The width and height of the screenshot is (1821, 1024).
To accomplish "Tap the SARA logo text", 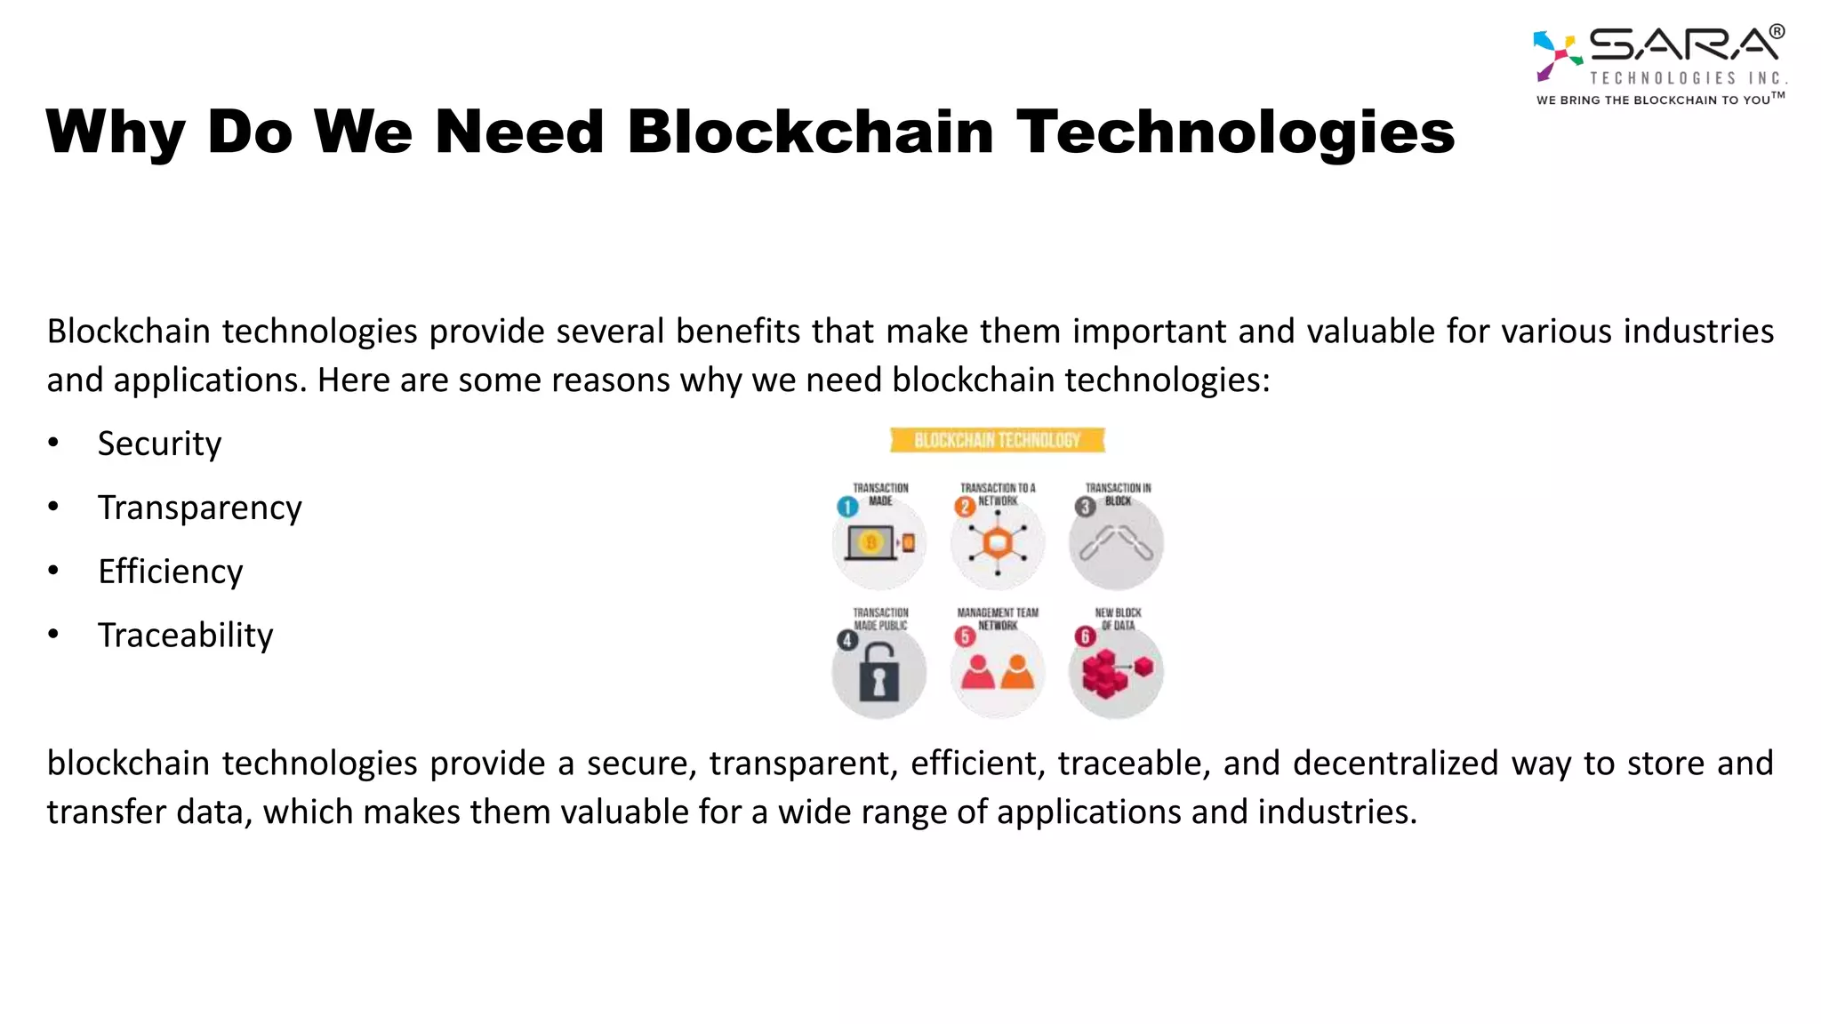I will tap(1683, 44).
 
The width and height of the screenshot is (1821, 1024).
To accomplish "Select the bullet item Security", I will tap(159, 444).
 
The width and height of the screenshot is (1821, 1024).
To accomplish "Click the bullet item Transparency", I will tap(199, 508).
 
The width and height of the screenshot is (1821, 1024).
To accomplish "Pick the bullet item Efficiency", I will tap(170, 572).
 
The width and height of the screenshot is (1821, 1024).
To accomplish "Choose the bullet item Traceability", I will tap(185, 636).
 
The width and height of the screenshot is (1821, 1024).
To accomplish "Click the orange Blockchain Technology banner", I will tap(997, 440).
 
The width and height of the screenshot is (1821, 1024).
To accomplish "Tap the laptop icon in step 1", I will tap(870, 543).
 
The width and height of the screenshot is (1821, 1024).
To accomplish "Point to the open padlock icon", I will tap(878, 675).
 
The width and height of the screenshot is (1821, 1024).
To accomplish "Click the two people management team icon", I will tap(998, 673).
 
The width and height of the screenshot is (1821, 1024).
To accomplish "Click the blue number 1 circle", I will tap(847, 507).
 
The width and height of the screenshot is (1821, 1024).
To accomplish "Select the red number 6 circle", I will tap(1084, 636).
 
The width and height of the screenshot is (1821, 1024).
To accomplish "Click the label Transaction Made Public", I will tap(880, 619).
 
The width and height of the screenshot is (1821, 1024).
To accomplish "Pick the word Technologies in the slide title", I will tap(1234, 132).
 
